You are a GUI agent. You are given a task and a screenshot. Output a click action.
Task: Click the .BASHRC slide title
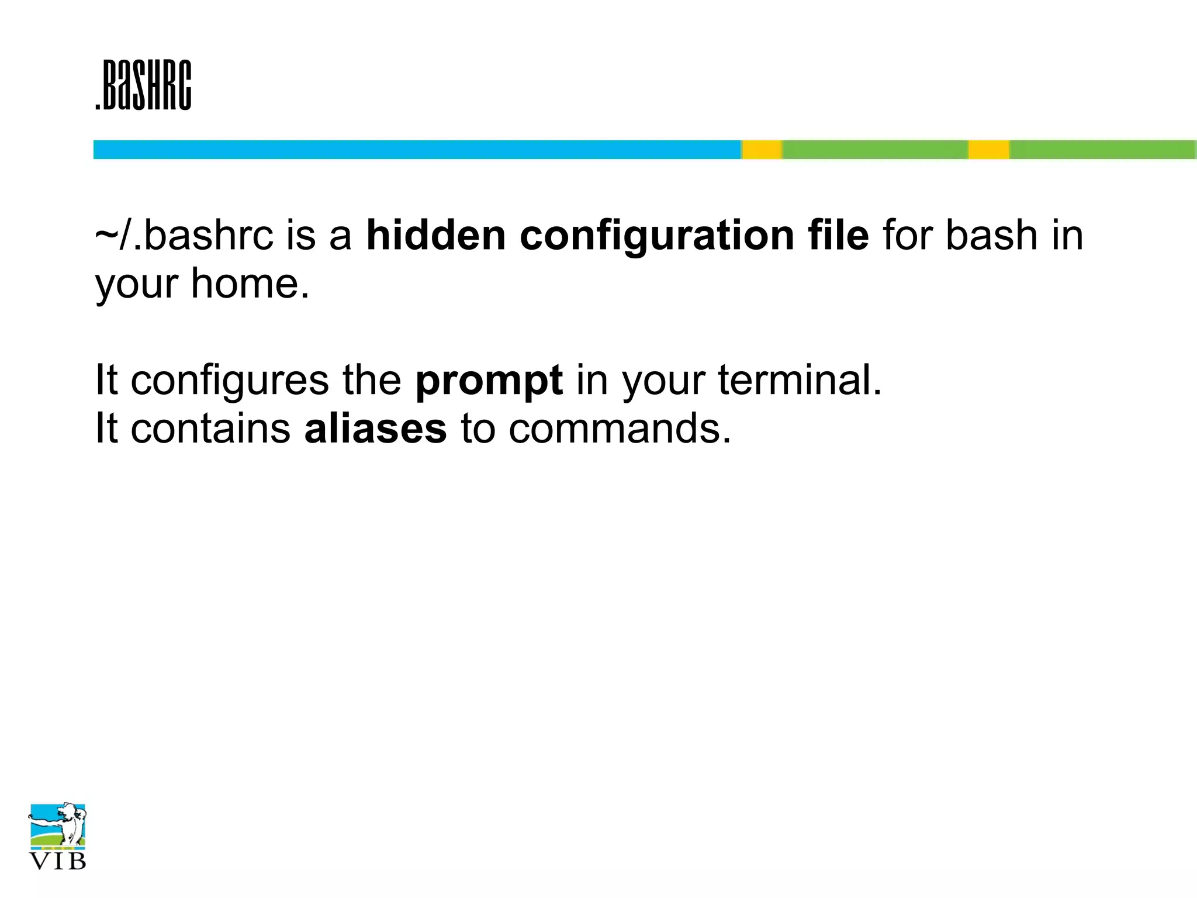click(143, 85)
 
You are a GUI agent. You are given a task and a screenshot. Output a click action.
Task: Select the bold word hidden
click(435, 236)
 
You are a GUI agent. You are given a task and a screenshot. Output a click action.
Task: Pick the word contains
click(210, 429)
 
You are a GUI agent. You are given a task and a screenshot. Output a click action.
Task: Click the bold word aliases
click(375, 429)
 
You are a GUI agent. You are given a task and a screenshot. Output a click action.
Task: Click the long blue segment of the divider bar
click(417, 150)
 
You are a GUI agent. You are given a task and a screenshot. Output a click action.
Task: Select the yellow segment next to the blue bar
click(762, 150)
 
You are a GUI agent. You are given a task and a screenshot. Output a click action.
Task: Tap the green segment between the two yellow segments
click(875, 150)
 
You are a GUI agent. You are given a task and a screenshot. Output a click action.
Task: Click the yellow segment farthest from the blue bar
click(988, 150)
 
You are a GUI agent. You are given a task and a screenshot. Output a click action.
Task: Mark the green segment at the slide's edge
click(1102, 150)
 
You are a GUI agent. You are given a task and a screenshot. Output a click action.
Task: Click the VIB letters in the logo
click(58, 861)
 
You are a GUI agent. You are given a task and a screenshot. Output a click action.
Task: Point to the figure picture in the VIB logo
click(58, 825)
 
